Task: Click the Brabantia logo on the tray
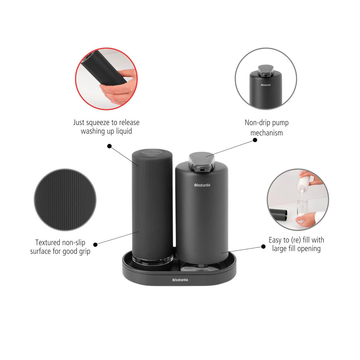point(180,280)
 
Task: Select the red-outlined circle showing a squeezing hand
point(106,78)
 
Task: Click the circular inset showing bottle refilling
point(298,199)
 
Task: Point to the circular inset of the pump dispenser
point(266,78)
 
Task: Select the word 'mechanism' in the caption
point(266,132)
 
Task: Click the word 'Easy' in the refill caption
point(276,240)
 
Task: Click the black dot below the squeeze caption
point(109,146)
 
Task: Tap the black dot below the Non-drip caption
point(255,139)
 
